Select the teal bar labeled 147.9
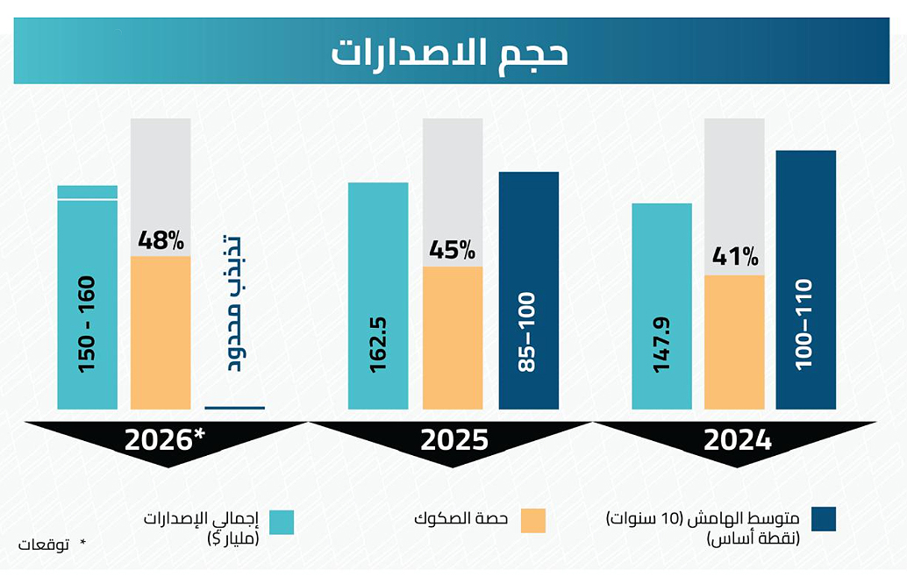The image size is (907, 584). click(x=661, y=307)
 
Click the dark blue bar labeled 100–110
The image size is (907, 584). click(x=805, y=281)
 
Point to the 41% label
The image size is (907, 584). click(x=734, y=257)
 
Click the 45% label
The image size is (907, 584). click(x=452, y=251)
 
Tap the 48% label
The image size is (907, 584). click(x=161, y=240)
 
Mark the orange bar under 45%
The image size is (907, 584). click(x=452, y=338)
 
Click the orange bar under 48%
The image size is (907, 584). click(x=161, y=333)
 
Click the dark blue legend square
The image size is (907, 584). click(x=824, y=519)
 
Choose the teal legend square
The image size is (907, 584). click(x=282, y=522)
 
